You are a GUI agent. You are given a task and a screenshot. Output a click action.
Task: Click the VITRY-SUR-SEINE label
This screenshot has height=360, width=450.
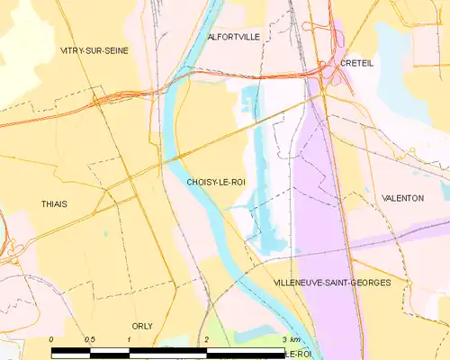point(94,50)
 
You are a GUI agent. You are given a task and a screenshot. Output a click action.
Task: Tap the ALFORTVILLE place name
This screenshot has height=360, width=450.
point(233,37)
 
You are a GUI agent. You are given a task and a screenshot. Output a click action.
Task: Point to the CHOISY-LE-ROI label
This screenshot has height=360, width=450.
point(216,182)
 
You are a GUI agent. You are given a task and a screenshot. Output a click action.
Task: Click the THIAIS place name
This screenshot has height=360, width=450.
point(54,204)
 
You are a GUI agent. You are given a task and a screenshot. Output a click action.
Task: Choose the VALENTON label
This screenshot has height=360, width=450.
point(402,198)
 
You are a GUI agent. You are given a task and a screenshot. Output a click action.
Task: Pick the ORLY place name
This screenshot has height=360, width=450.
point(142,326)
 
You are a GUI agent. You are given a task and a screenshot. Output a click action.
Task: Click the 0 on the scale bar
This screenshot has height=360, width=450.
point(52,338)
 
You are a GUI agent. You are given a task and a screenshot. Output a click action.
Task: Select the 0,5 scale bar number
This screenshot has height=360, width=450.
point(90,338)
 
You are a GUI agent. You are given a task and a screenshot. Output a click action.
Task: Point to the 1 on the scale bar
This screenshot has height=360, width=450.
point(130,338)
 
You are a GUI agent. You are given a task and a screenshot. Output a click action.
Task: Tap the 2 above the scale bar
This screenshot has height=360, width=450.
point(207,338)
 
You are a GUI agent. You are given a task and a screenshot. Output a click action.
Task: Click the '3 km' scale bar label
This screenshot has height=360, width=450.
point(291,338)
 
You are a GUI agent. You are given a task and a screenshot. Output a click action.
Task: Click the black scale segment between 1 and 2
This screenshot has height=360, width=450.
point(168,348)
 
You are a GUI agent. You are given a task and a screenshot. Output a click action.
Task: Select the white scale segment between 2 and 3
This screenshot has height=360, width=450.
point(246,348)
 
